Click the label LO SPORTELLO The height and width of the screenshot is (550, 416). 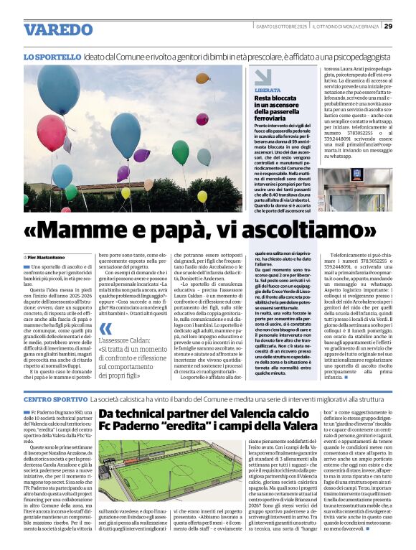[x=52, y=56]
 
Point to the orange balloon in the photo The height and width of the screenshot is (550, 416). [x=203, y=78]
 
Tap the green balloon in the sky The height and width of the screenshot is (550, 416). [x=180, y=152]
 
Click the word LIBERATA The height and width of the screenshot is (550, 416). [x=268, y=90]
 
